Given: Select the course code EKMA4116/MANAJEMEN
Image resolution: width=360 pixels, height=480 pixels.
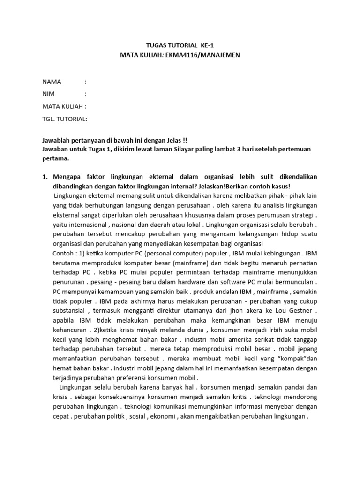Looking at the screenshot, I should (x=203, y=55).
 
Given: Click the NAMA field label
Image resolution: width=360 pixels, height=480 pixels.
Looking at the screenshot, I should (x=52, y=82).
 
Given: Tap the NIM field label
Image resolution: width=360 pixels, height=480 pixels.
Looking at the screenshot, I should (x=49, y=94).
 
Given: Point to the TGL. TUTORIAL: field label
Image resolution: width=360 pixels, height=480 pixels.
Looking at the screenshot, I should (x=65, y=119).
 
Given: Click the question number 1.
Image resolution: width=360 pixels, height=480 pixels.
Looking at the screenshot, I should (x=45, y=176).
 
